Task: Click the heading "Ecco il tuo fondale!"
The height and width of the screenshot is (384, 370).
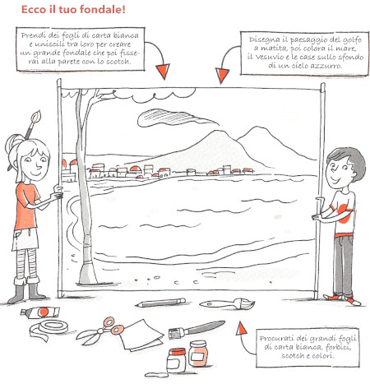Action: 73,10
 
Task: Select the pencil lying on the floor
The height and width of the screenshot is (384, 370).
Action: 160,303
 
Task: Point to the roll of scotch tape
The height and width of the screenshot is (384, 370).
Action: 49,330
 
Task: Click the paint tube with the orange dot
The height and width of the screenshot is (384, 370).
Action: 40,312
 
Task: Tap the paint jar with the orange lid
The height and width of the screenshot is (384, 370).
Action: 177,360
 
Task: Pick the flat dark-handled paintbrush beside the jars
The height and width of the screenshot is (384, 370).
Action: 197,329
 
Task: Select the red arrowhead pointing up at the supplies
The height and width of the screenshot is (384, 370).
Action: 241,328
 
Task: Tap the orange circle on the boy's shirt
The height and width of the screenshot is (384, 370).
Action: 345,213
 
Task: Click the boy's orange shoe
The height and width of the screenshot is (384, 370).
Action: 354,301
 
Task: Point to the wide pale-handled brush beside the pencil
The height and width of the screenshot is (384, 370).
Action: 227,303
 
